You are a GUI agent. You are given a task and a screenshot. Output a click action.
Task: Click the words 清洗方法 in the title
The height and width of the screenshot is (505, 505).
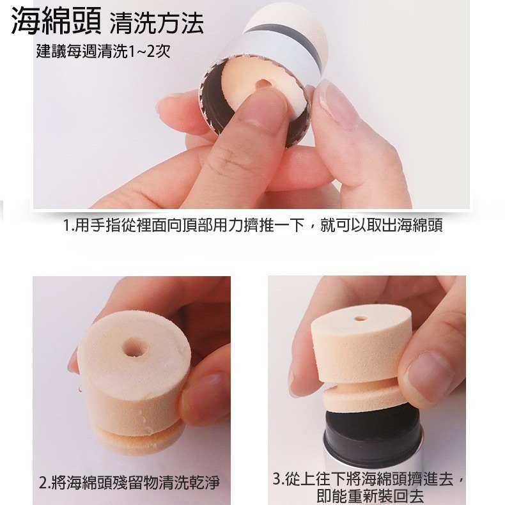(156, 25)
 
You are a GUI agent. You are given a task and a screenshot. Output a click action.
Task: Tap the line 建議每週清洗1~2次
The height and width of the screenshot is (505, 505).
(103, 52)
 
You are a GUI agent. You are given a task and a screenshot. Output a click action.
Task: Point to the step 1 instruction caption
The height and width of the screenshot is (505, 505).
(253, 226)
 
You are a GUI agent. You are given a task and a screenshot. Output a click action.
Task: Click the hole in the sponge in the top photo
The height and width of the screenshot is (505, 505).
(263, 85)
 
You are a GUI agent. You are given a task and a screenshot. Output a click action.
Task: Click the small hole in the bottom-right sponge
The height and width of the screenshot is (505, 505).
(361, 316)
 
